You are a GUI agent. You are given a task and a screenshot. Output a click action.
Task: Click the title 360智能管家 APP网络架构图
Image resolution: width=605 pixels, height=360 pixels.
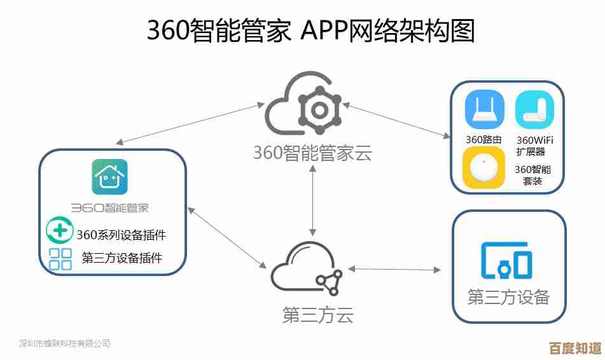coord(311,31)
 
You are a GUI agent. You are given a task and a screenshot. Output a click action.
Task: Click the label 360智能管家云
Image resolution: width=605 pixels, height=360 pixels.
coord(312,153)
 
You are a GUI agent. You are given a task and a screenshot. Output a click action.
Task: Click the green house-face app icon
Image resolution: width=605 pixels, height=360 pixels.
coord(110,177)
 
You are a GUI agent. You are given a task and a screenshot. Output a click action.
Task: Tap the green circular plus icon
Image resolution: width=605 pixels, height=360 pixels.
coord(60,230)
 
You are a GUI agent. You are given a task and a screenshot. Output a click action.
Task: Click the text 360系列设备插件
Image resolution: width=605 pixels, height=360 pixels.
coord(122,235)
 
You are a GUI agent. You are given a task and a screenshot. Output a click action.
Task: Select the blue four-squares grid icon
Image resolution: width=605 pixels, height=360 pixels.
coord(60,259)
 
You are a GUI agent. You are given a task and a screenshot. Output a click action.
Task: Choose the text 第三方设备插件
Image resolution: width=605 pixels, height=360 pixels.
coord(122,258)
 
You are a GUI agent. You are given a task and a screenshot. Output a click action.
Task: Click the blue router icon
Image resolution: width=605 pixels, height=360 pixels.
coord(484,109)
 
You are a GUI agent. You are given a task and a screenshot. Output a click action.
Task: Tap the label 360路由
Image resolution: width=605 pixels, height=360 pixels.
coord(484,139)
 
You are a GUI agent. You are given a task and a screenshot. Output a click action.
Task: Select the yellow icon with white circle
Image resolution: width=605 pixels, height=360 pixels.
coord(484,168)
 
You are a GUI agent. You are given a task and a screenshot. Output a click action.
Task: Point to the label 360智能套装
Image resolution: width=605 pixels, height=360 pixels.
coord(532,175)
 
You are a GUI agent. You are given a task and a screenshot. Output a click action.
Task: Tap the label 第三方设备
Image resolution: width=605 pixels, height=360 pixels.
coord(508,297)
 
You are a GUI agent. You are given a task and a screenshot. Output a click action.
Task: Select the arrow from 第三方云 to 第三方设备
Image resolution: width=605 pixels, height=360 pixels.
coord(394,270)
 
